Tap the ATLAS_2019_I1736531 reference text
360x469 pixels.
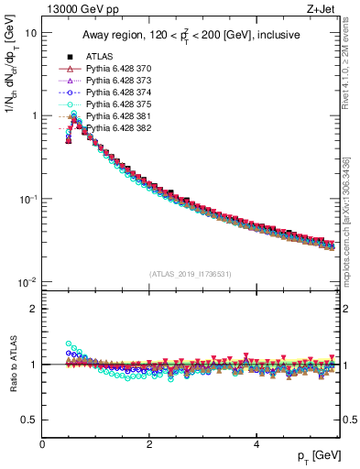tap(191, 274)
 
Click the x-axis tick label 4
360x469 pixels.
tap(256, 442)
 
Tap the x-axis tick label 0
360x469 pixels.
tap(42, 442)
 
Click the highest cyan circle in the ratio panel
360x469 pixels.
tap(68, 344)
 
